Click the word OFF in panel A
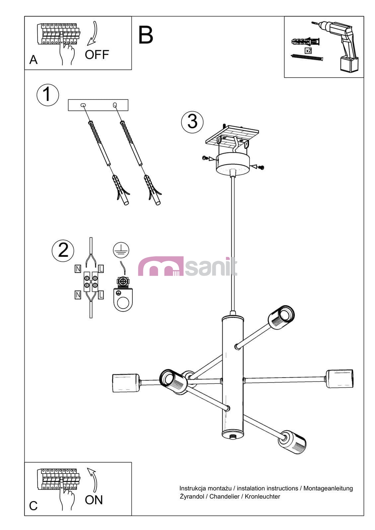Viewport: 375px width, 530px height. click(x=97, y=55)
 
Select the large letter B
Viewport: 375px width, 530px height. click(x=146, y=35)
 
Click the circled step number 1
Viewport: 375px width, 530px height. click(x=48, y=95)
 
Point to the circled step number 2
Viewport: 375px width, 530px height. click(x=63, y=250)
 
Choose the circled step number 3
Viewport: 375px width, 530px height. click(x=192, y=122)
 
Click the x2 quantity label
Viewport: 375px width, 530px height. click(x=308, y=51)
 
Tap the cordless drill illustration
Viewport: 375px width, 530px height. click(x=338, y=46)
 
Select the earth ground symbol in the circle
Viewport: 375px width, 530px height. click(x=121, y=250)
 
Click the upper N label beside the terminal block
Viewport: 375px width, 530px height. click(x=78, y=269)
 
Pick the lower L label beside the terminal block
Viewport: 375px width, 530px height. click(x=101, y=295)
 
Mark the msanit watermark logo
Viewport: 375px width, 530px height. click(x=187, y=266)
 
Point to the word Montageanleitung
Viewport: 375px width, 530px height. click(x=328, y=488)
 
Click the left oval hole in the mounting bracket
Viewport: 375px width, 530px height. click(x=83, y=105)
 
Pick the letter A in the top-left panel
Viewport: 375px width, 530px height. click(x=34, y=60)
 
